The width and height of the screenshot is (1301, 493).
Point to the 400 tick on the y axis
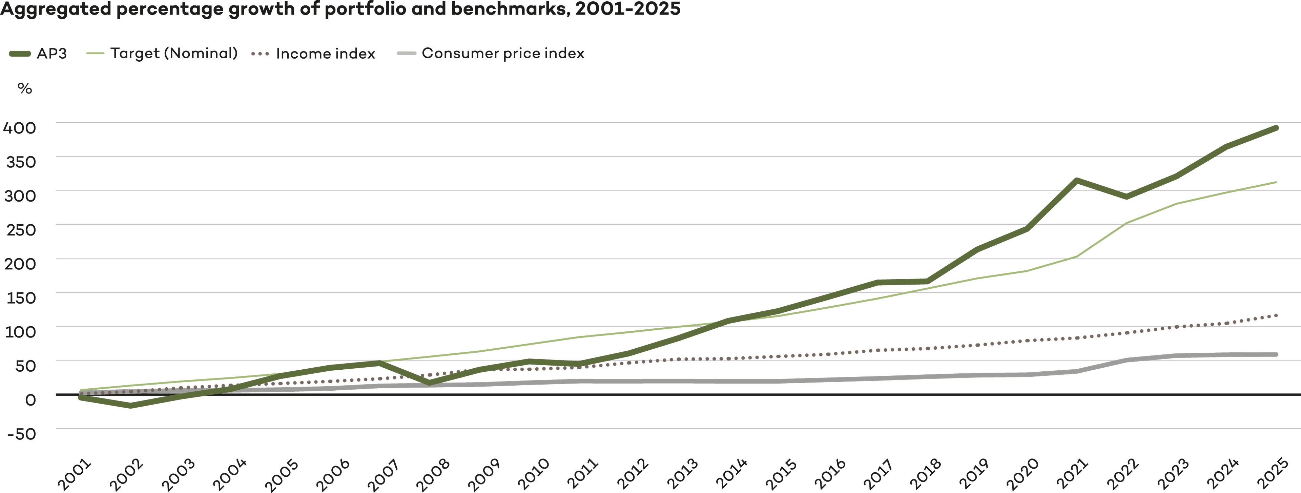coord(20,128)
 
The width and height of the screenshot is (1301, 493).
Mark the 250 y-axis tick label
coord(20,230)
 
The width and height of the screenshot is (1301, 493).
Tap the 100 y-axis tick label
coord(20,332)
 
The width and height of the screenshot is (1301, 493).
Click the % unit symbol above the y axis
coord(24,89)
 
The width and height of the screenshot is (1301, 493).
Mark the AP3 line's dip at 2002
coord(131,405)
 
